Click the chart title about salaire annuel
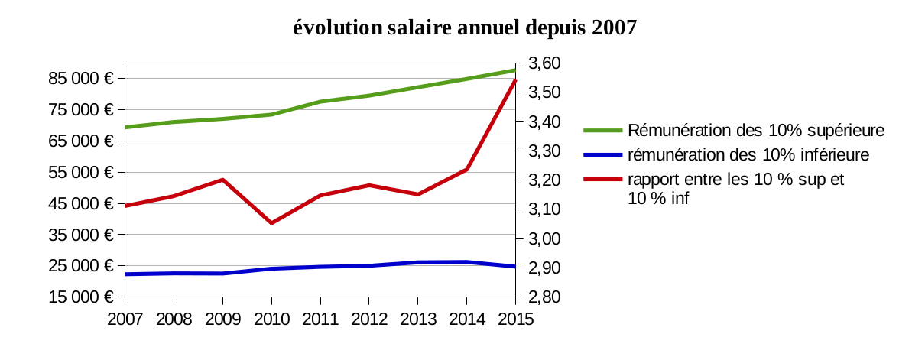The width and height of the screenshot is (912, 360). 465,28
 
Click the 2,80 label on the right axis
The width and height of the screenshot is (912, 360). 545,297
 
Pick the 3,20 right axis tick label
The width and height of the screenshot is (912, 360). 545,180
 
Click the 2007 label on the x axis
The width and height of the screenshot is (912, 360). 125,317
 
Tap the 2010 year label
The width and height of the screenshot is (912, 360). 271,317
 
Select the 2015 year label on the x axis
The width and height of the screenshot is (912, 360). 515,317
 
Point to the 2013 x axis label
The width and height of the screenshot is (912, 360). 417,317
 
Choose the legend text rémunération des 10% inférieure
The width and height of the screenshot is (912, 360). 748,155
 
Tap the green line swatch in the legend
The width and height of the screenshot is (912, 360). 602,131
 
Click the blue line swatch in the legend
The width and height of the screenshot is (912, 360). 602,155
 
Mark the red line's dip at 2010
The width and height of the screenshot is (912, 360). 271,223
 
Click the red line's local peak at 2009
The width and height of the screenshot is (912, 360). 222,180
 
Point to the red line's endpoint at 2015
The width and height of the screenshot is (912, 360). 515,80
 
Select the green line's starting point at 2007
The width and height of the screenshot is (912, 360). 125,127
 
